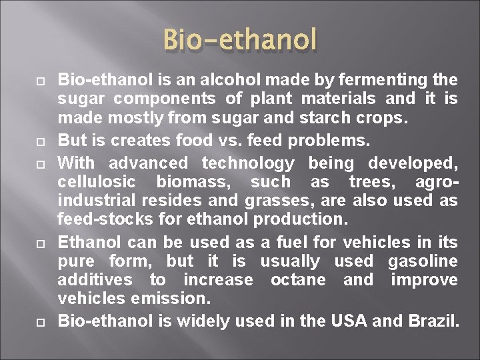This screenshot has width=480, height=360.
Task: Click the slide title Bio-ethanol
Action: click(x=240, y=39)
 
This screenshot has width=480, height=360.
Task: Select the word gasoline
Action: click(x=425, y=261)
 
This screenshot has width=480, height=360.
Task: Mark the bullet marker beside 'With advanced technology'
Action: click(x=21, y=163)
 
